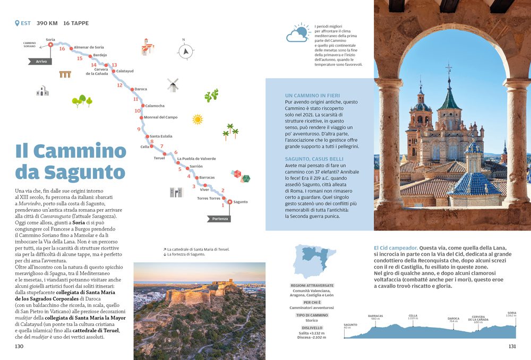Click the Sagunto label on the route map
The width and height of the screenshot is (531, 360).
[x=241, y=202]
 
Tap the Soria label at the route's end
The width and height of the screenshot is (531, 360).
[x=50, y=39]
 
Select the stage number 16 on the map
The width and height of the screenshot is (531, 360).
[x=62, y=49]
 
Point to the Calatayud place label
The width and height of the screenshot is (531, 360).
[x=125, y=71]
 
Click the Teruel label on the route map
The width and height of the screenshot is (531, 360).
[x=159, y=158]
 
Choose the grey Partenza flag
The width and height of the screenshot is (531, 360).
[x=219, y=219]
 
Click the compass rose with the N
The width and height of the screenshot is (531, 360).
[x=184, y=51]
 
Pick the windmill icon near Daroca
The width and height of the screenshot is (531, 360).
[x=173, y=84]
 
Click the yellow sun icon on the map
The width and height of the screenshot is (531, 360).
[x=198, y=119]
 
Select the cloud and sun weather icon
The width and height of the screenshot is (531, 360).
[x=298, y=33]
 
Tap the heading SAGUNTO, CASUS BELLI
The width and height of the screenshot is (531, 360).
[x=314, y=159]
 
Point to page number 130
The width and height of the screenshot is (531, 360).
[x=19, y=346]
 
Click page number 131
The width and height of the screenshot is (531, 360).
[x=512, y=346]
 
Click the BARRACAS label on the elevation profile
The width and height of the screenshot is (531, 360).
[x=375, y=316]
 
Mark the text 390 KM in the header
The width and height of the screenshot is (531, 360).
[x=47, y=23]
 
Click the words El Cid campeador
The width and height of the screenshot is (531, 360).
[x=395, y=247]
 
